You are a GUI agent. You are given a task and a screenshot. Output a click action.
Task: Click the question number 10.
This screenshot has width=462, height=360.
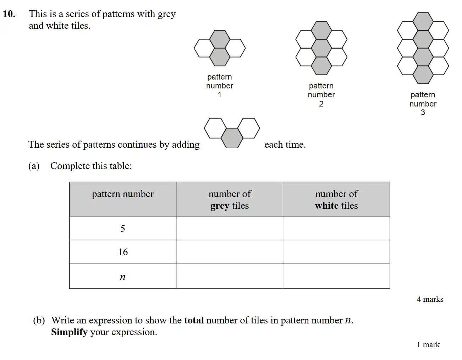[x=9, y=14]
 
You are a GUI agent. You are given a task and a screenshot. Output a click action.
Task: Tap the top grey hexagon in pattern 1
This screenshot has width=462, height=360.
[x=220, y=39]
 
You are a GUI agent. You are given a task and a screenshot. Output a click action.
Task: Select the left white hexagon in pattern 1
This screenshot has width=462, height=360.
[x=204, y=48]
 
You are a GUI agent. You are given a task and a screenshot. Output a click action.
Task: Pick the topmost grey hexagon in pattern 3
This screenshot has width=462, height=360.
[x=423, y=21]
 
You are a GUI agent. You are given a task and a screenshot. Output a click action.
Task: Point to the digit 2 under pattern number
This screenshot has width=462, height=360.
[x=321, y=104]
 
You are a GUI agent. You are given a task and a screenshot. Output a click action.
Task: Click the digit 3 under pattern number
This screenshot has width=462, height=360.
[x=423, y=113]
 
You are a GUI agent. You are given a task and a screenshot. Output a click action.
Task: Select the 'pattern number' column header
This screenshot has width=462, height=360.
[x=123, y=194]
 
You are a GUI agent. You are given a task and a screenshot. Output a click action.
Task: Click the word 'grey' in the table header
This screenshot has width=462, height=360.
[x=219, y=206]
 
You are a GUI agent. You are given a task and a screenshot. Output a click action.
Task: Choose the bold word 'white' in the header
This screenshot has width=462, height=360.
[x=326, y=206]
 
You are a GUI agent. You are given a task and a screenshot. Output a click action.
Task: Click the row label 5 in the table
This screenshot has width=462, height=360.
[x=123, y=229]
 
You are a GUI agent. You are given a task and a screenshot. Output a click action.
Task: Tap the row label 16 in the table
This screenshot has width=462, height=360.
[x=123, y=252]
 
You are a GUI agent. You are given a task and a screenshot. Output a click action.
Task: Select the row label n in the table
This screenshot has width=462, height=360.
[x=123, y=277]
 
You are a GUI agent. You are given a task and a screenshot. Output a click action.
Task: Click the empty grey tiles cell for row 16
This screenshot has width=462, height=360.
[x=230, y=252]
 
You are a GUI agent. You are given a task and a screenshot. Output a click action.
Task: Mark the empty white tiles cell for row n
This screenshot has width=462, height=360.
[x=336, y=276]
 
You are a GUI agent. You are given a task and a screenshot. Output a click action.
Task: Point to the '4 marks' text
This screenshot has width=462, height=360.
[x=430, y=299]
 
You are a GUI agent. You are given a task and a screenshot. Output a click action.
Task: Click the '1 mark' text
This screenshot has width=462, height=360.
[x=428, y=345]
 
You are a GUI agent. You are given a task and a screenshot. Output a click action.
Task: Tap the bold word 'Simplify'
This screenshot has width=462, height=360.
[x=69, y=332]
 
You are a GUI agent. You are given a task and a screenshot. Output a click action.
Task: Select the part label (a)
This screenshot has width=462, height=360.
[x=34, y=166]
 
